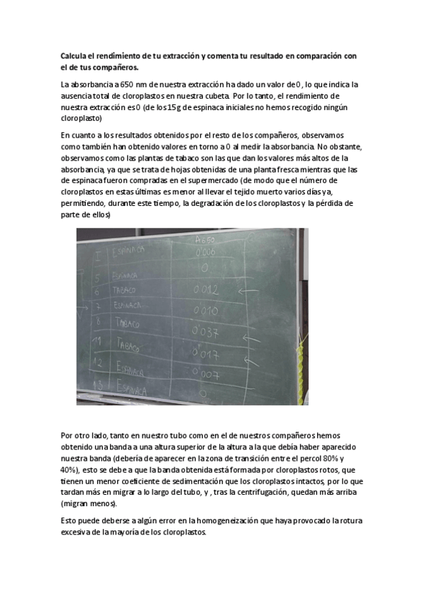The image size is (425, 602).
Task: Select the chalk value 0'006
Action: point(204,252)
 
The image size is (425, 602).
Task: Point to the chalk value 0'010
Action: point(205,311)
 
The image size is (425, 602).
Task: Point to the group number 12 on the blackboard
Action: point(100,364)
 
